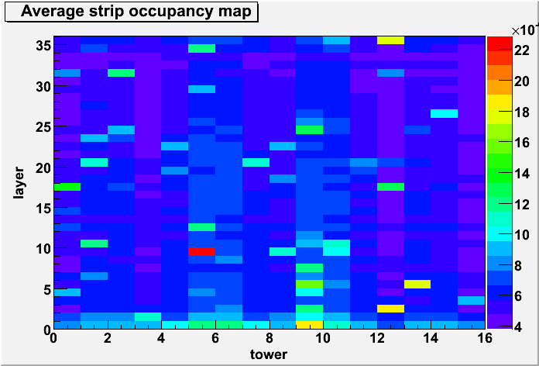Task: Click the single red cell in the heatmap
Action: tap(202, 252)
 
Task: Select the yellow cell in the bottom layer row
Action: tap(310, 325)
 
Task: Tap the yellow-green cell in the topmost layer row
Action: tap(390, 40)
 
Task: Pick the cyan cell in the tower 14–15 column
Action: tap(445, 114)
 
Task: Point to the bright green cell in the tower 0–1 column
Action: tap(67, 187)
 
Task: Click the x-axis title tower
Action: tap(269, 354)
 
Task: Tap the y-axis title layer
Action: tap(19, 183)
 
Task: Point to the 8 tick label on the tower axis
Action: tap(269, 338)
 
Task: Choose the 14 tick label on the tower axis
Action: tap(431, 338)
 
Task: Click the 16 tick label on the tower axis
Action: tap(485, 338)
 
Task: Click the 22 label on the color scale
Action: tap(521, 50)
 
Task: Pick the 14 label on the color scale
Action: tap(521, 174)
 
